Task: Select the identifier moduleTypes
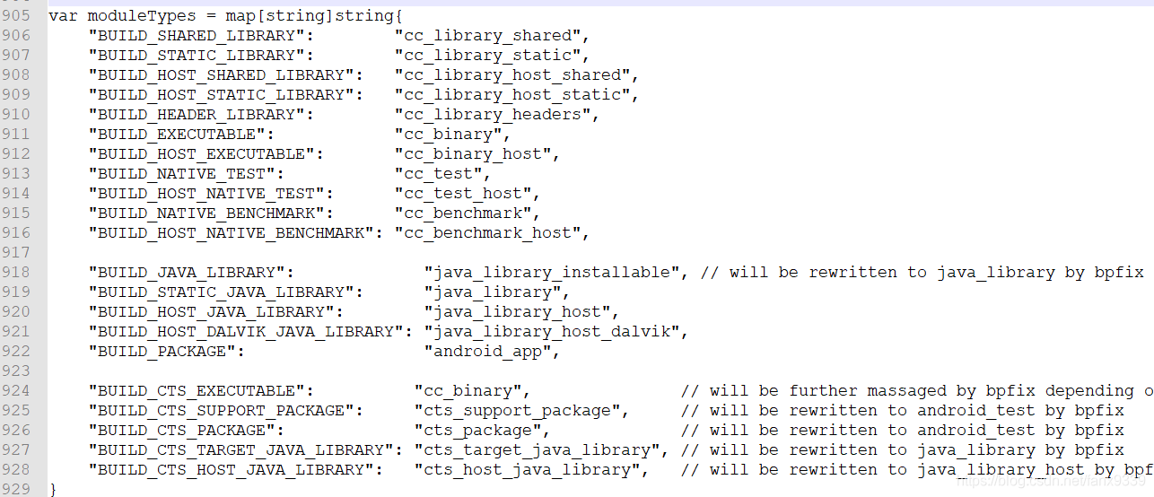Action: (x=127, y=16)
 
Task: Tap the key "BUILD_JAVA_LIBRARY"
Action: (x=192, y=273)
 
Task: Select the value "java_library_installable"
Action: (x=552, y=273)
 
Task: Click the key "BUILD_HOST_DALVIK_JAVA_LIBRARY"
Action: (x=246, y=332)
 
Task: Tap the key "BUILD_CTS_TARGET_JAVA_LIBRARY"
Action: (x=241, y=450)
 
